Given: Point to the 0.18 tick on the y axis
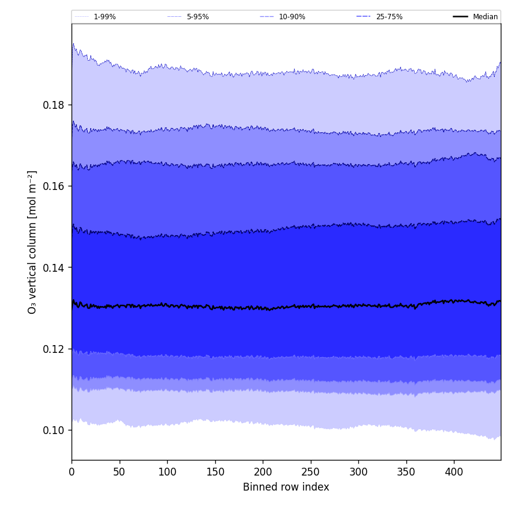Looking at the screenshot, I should coord(54,105).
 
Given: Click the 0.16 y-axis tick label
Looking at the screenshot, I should coord(54,186).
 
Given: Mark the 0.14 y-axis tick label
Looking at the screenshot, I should coord(54,268).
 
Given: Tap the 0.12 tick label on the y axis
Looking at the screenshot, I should coord(54,349).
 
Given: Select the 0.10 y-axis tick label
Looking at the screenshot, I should coord(54,430).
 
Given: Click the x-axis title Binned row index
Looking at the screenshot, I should coord(286,487).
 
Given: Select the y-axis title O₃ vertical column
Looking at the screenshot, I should coord(32,242).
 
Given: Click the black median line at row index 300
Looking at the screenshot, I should coord(358,305).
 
